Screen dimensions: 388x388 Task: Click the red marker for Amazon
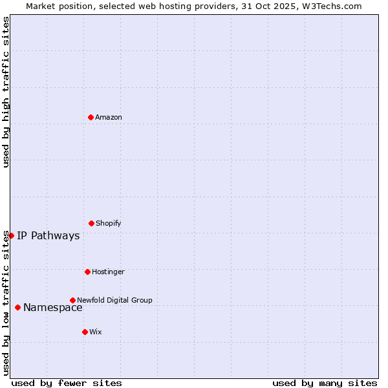(x=91, y=117)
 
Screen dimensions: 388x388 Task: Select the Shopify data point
(x=91, y=223)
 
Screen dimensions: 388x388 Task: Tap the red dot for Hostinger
(x=87, y=272)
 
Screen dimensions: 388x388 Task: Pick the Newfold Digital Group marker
(x=72, y=300)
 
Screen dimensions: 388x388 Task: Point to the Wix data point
(x=85, y=332)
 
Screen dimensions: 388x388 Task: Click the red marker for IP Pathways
(x=11, y=235)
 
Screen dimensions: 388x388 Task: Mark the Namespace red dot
(x=17, y=307)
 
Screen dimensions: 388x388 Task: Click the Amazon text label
(x=109, y=117)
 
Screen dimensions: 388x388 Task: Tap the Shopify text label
(x=109, y=223)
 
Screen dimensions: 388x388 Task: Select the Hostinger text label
(x=108, y=272)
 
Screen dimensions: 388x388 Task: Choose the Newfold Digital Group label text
(x=114, y=300)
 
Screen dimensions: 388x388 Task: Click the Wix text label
(x=96, y=332)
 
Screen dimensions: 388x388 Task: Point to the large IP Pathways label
(x=48, y=235)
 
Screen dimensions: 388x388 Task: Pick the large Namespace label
(x=53, y=307)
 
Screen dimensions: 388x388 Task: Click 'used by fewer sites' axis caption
(x=67, y=383)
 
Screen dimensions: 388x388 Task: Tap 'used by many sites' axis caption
(x=325, y=383)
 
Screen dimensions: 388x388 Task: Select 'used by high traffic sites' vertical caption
(x=6, y=92)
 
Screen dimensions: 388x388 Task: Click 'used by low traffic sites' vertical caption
(x=6, y=303)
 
